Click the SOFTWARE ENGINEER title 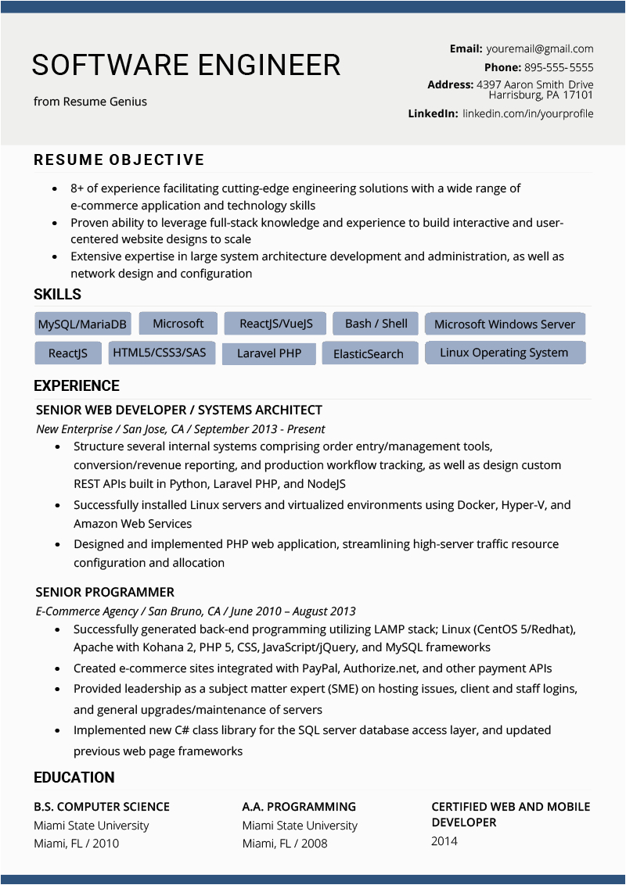(186, 65)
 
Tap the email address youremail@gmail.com (540, 48)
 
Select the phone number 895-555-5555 (559, 67)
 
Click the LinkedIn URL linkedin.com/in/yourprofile (527, 113)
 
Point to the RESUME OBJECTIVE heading (119, 159)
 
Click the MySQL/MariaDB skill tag (82, 324)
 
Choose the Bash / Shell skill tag (376, 323)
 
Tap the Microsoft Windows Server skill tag (504, 324)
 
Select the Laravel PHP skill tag (268, 353)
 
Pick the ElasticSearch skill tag (368, 353)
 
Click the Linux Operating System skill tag (503, 353)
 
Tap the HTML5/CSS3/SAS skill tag (159, 353)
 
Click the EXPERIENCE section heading (77, 385)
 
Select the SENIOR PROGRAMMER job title (105, 592)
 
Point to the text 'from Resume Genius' (90, 102)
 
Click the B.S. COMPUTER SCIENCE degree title (102, 807)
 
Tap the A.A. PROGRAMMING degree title (299, 807)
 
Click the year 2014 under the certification (444, 841)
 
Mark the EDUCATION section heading (74, 777)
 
